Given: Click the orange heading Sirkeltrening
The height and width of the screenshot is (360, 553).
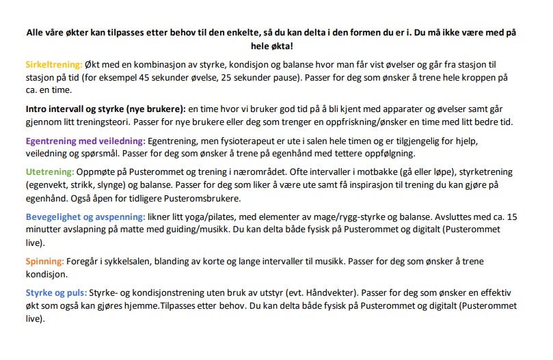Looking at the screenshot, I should point(53,65).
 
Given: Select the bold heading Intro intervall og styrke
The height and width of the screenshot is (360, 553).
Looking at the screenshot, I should point(105,109).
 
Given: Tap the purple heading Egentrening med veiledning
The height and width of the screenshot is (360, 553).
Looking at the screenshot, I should point(84,140).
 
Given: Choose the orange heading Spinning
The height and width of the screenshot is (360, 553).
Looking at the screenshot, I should point(44,262).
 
